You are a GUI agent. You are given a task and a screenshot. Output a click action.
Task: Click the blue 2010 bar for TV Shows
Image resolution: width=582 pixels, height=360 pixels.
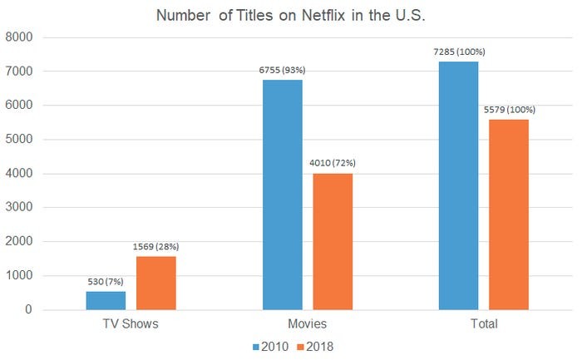(106, 300)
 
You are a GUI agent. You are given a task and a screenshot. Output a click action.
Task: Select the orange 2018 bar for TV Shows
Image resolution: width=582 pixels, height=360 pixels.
(155, 283)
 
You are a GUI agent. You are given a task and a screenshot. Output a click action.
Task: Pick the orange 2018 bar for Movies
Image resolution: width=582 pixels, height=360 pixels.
(332, 241)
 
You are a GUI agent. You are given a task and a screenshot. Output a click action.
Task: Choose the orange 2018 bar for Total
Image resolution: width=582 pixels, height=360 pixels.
(508, 215)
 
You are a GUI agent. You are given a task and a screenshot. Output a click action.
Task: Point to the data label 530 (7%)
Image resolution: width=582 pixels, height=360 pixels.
(106, 282)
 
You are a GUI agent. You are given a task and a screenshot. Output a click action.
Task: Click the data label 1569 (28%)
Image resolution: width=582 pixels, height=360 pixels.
(155, 247)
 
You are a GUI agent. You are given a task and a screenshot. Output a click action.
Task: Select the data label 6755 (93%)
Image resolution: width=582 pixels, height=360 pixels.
(282, 71)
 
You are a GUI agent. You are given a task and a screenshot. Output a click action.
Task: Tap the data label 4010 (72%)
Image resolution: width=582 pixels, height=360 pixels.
(332, 164)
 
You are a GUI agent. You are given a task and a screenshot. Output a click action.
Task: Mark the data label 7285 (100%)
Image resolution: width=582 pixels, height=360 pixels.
(458, 52)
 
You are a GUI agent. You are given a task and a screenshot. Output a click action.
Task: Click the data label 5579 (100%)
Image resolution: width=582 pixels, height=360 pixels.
(508, 110)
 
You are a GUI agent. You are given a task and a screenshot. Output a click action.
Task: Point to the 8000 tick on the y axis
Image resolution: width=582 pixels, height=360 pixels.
(19, 37)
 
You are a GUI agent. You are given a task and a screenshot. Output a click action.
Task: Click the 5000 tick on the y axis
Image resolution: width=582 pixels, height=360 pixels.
(19, 140)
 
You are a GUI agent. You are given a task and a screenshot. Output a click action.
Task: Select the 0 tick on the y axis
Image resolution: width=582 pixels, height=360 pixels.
(27, 310)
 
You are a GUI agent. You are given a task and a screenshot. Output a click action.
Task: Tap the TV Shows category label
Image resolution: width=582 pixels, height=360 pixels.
(131, 323)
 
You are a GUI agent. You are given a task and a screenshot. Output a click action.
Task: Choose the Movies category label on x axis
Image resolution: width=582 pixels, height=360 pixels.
(307, 323)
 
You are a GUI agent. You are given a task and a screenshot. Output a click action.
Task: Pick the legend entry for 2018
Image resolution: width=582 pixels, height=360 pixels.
(320, 346)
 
